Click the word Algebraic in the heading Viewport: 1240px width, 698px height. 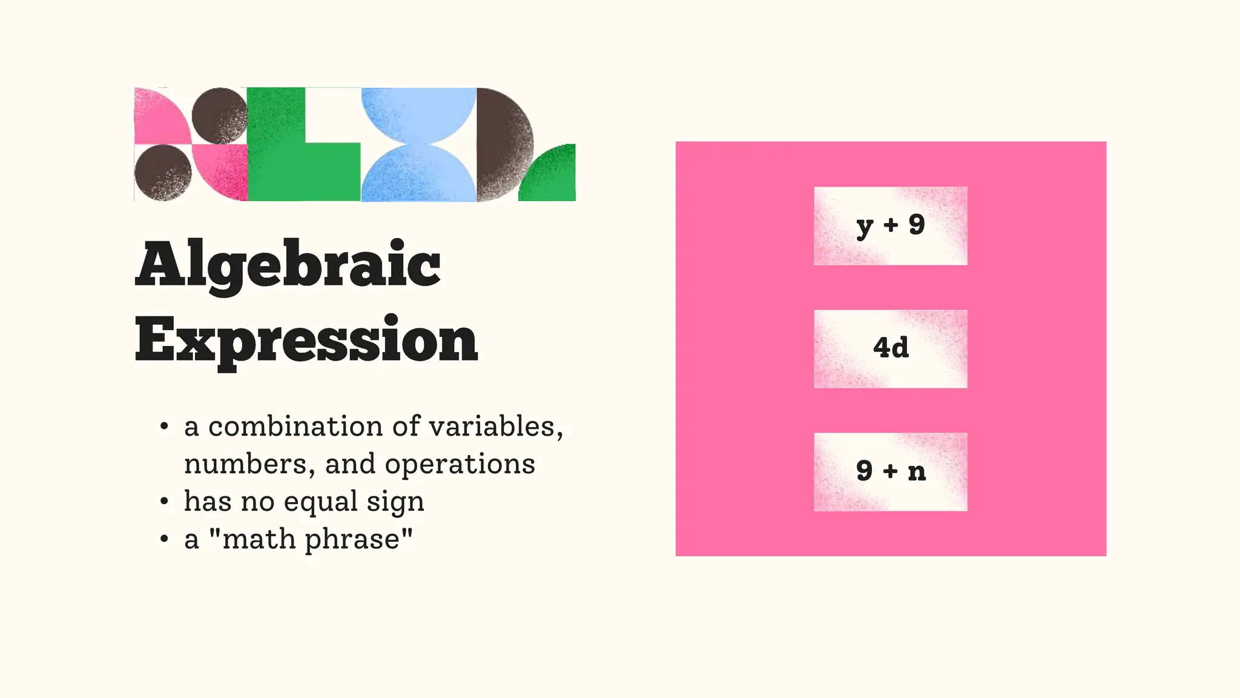pos(288,265)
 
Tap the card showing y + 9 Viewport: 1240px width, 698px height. pos(890,225)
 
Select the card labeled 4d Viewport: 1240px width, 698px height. pos(890,348)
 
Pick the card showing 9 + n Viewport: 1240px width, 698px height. pos(890,471)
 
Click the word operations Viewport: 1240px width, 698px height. pos(460,464)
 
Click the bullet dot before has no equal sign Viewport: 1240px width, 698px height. pos(164,502)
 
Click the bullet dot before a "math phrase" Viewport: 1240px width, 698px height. pos(164,539)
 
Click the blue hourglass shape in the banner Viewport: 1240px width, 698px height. pos(418,144)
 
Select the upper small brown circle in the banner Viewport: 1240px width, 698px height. pos(219,116)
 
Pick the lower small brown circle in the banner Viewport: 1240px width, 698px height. pos(162,173)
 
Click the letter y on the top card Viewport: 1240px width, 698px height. pos(865,227)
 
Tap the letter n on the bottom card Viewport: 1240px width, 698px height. pos(917,472)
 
